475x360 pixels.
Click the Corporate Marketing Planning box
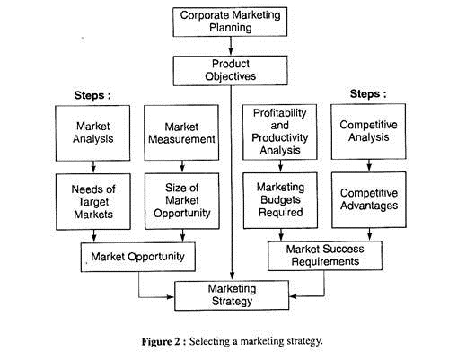230,22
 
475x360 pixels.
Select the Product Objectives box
230,71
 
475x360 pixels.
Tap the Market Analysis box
92,133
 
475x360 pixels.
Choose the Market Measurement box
181,133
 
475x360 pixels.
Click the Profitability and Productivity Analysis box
280,132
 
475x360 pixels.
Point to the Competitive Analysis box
369,131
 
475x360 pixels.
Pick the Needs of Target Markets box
93,202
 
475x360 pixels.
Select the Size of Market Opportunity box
182,201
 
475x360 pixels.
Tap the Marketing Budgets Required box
280,200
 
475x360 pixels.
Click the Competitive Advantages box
369,200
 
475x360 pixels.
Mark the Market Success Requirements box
325,256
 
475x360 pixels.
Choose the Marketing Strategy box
232,295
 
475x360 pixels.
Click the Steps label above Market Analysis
92,95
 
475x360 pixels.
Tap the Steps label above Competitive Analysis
368,94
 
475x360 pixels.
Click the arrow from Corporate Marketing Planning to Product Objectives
231,47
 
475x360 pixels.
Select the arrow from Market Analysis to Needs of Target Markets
93,167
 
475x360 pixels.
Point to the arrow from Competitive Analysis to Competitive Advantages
369,165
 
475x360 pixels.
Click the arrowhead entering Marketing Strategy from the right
293,296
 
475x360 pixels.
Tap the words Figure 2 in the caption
161,342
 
